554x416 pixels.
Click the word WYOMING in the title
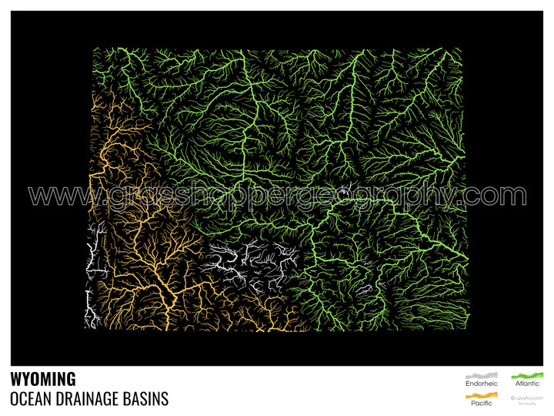click(43, 379)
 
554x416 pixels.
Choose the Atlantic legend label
click(527, 383)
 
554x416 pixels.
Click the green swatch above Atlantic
click(527, 374)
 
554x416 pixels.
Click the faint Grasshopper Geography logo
click(527, 399)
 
